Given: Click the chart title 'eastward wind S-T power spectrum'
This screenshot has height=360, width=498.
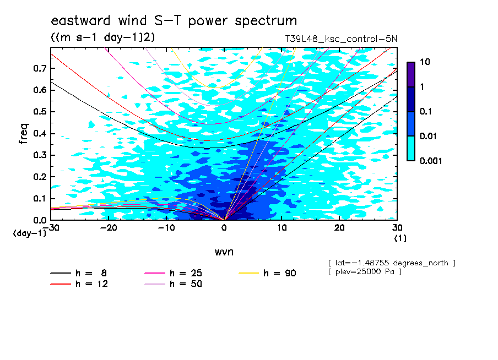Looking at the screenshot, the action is click(174, 20).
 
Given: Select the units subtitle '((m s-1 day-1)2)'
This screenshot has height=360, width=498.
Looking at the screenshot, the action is click(103, 37).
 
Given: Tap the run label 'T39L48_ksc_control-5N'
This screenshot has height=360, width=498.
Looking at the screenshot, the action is click(341, 39).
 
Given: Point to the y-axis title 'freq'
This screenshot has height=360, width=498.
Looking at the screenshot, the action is click(24, 134).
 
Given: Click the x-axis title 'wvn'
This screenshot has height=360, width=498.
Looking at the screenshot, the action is click(224, 252).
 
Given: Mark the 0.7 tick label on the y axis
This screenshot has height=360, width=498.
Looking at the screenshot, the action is click(40, 68).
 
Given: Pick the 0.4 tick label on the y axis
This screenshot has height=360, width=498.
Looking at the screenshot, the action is click(40, 134).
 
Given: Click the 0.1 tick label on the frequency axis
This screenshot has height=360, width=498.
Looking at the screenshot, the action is click(40, 199).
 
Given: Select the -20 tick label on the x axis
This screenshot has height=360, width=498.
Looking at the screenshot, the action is click(109, 228).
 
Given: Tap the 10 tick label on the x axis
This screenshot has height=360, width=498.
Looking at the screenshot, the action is click(282, 228).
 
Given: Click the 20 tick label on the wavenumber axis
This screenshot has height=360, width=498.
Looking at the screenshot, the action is click(339, 228).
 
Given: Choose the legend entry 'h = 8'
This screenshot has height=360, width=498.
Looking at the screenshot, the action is click(78, 273).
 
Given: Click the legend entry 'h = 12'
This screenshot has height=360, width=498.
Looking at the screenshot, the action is click(79, 284).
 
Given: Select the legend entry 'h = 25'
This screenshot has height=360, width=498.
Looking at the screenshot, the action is click(173, 273).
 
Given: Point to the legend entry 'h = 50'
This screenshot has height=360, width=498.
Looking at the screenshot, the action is click(173, 284).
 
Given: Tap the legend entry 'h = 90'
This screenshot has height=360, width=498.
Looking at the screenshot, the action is click(267, 273).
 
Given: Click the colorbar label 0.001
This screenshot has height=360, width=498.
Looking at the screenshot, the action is click(431, 161).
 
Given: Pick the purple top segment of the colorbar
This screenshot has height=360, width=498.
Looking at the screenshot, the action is click(411, 75).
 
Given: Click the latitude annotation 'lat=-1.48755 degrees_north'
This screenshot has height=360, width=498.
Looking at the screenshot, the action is click(392, 263).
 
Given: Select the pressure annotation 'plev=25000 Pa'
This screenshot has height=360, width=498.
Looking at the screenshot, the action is click(365, 272).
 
